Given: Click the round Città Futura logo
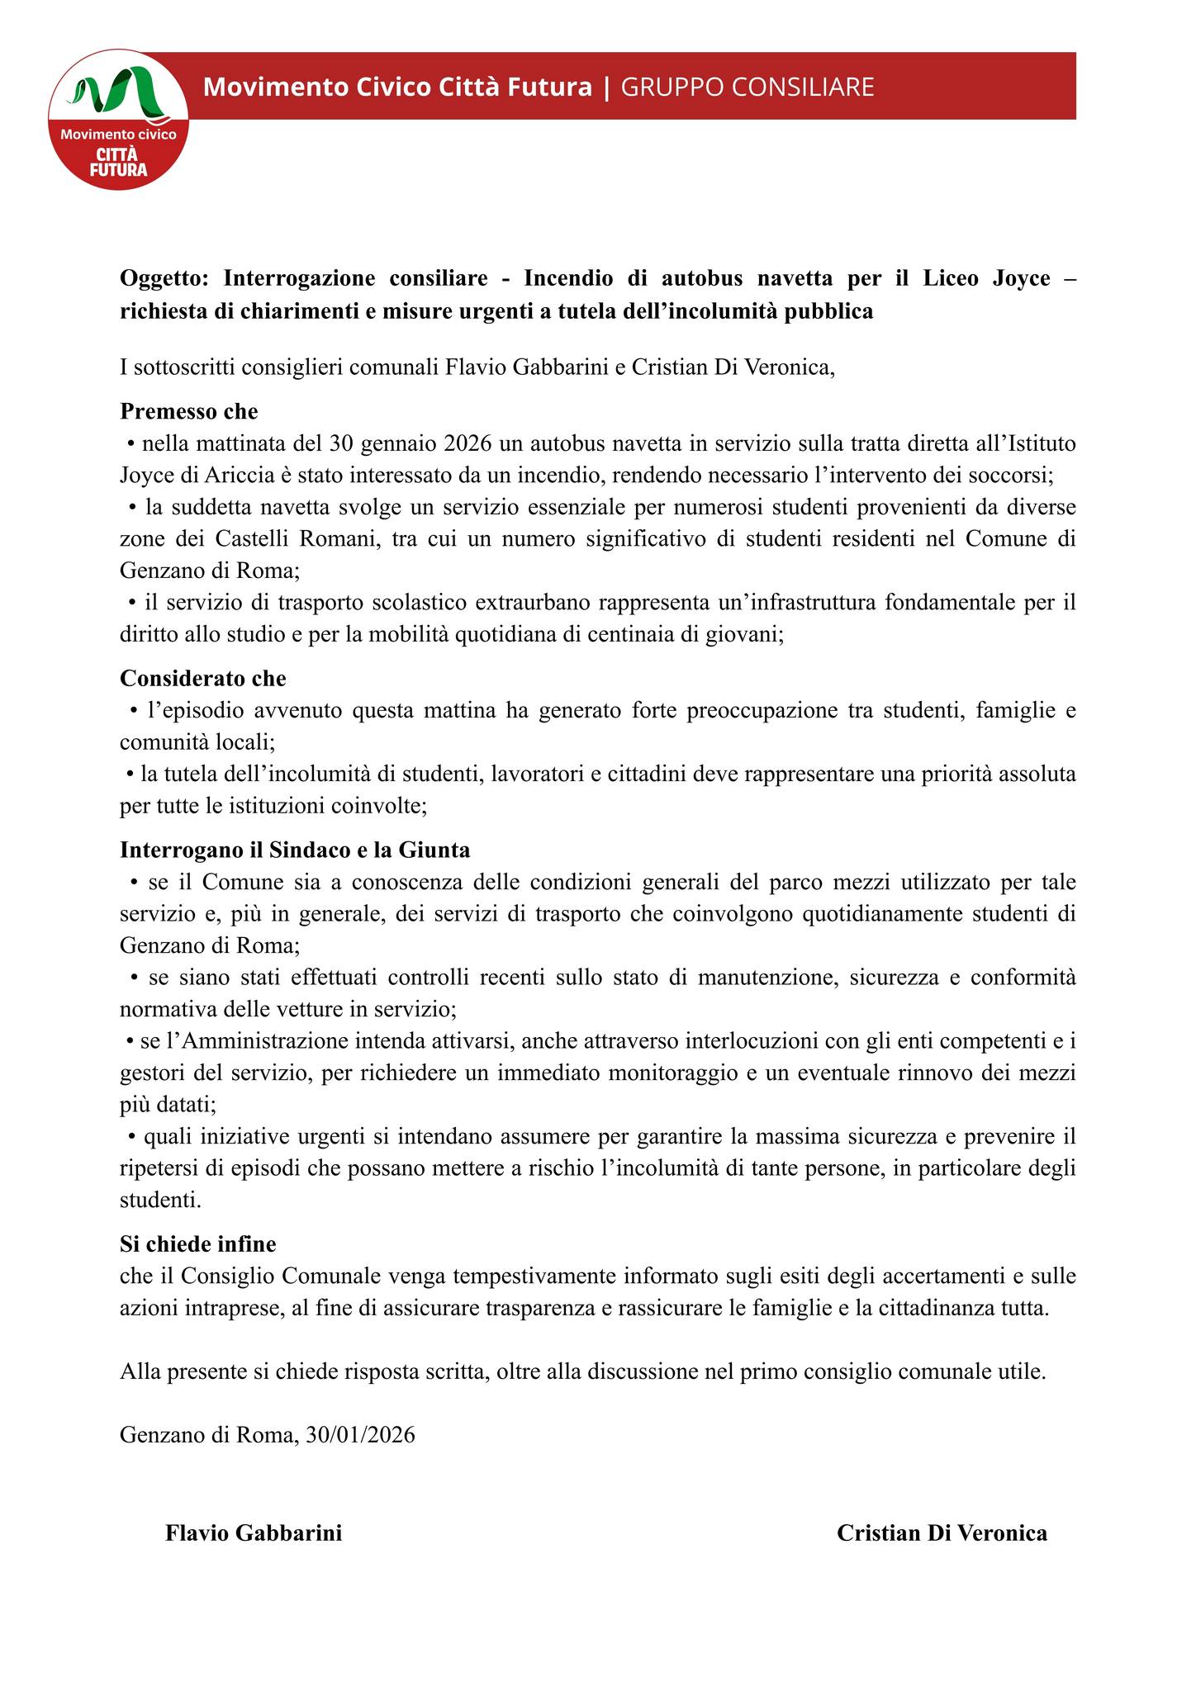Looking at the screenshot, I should (x=118, y=119).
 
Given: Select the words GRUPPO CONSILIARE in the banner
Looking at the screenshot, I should (x=747, y=87).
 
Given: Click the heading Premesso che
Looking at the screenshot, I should (x=189, y=411).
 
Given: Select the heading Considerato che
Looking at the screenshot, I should (x=203, y=679).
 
